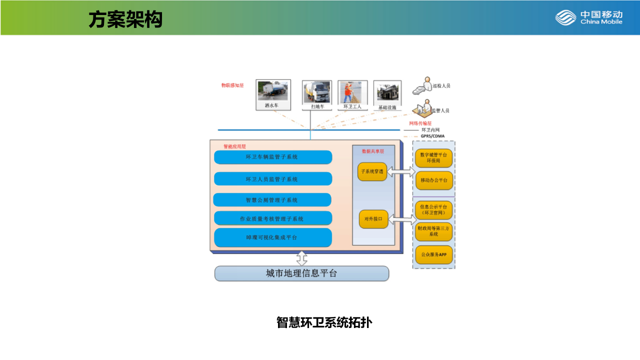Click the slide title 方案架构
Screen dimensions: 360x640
pyautogui.click(x=125, y=19)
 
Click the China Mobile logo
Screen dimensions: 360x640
pyautogui.click(x=588, y=17)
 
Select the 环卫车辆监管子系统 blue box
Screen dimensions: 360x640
pyautogui.click(x=273, y=157)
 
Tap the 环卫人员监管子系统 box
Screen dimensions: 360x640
pyautogui.click(x=273, y=179)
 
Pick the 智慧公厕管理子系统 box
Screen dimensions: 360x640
pyautogui.click(x=272, y=200)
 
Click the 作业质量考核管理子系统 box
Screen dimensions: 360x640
pyautogui.click(x=273, y=218)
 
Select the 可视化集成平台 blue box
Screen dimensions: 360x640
pyautogui.click(x=273, y=237)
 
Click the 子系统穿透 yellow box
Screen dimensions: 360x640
pyautogui.click(x=372, y=171)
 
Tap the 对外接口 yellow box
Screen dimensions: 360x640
pyautogui.click(x=373, y=219)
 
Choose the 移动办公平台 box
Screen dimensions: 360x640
pyautogui.click(x=433, y=180)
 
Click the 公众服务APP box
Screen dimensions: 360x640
pyautogui.click(x=433, y=254)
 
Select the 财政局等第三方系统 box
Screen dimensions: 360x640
pyautogui.click(x=433, y=231)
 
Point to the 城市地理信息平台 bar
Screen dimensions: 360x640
pyautogui.click(x=301, y=273)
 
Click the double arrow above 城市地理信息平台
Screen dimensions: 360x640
pyautogui.click(x=301, y=258)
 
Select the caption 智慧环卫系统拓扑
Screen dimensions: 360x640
pyautogui.click(x=324, y=322)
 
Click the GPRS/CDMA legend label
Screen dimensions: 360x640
pyautogui.click(x=432, y=136)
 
